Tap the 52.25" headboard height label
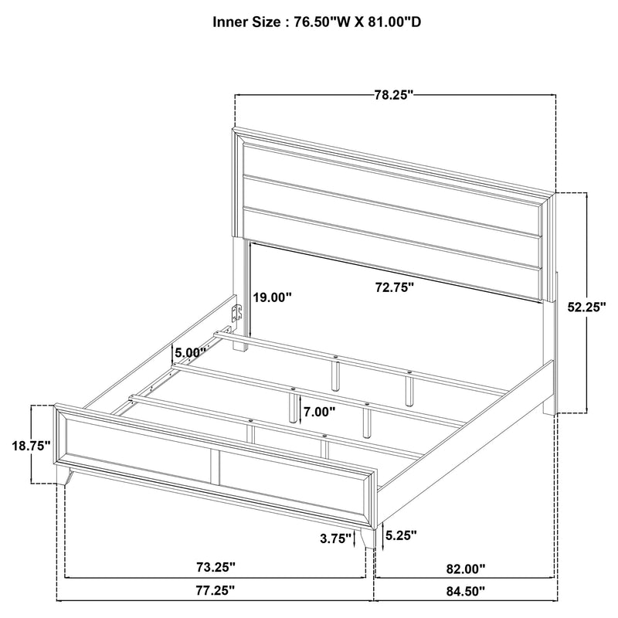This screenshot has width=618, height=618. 585,307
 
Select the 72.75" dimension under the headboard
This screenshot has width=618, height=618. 395,287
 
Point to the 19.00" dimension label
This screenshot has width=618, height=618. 273,297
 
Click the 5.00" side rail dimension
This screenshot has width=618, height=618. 189,352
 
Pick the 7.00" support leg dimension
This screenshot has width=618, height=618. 318,412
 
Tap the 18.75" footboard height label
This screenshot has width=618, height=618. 30,446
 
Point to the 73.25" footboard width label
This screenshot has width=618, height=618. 216,567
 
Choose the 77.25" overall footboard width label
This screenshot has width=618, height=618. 216,592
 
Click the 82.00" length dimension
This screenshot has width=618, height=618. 466,569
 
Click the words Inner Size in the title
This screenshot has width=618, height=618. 246,22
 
